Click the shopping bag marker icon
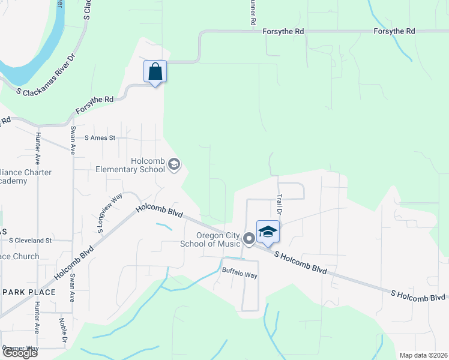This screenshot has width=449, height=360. [155, 72]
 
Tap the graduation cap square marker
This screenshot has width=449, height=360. [268, 232]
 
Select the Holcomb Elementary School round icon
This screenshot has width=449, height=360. [174, 164]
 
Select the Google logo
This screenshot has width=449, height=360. [19, 353]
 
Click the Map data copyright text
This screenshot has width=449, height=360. [424, 355]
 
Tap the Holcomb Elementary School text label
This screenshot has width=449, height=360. [130, 165]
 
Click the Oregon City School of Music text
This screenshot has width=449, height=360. [210, 239]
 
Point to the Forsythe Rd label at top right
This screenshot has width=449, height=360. [394, 31]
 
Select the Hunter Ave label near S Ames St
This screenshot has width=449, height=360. [37, 149]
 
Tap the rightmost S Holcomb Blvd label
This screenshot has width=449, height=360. [419, 295]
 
